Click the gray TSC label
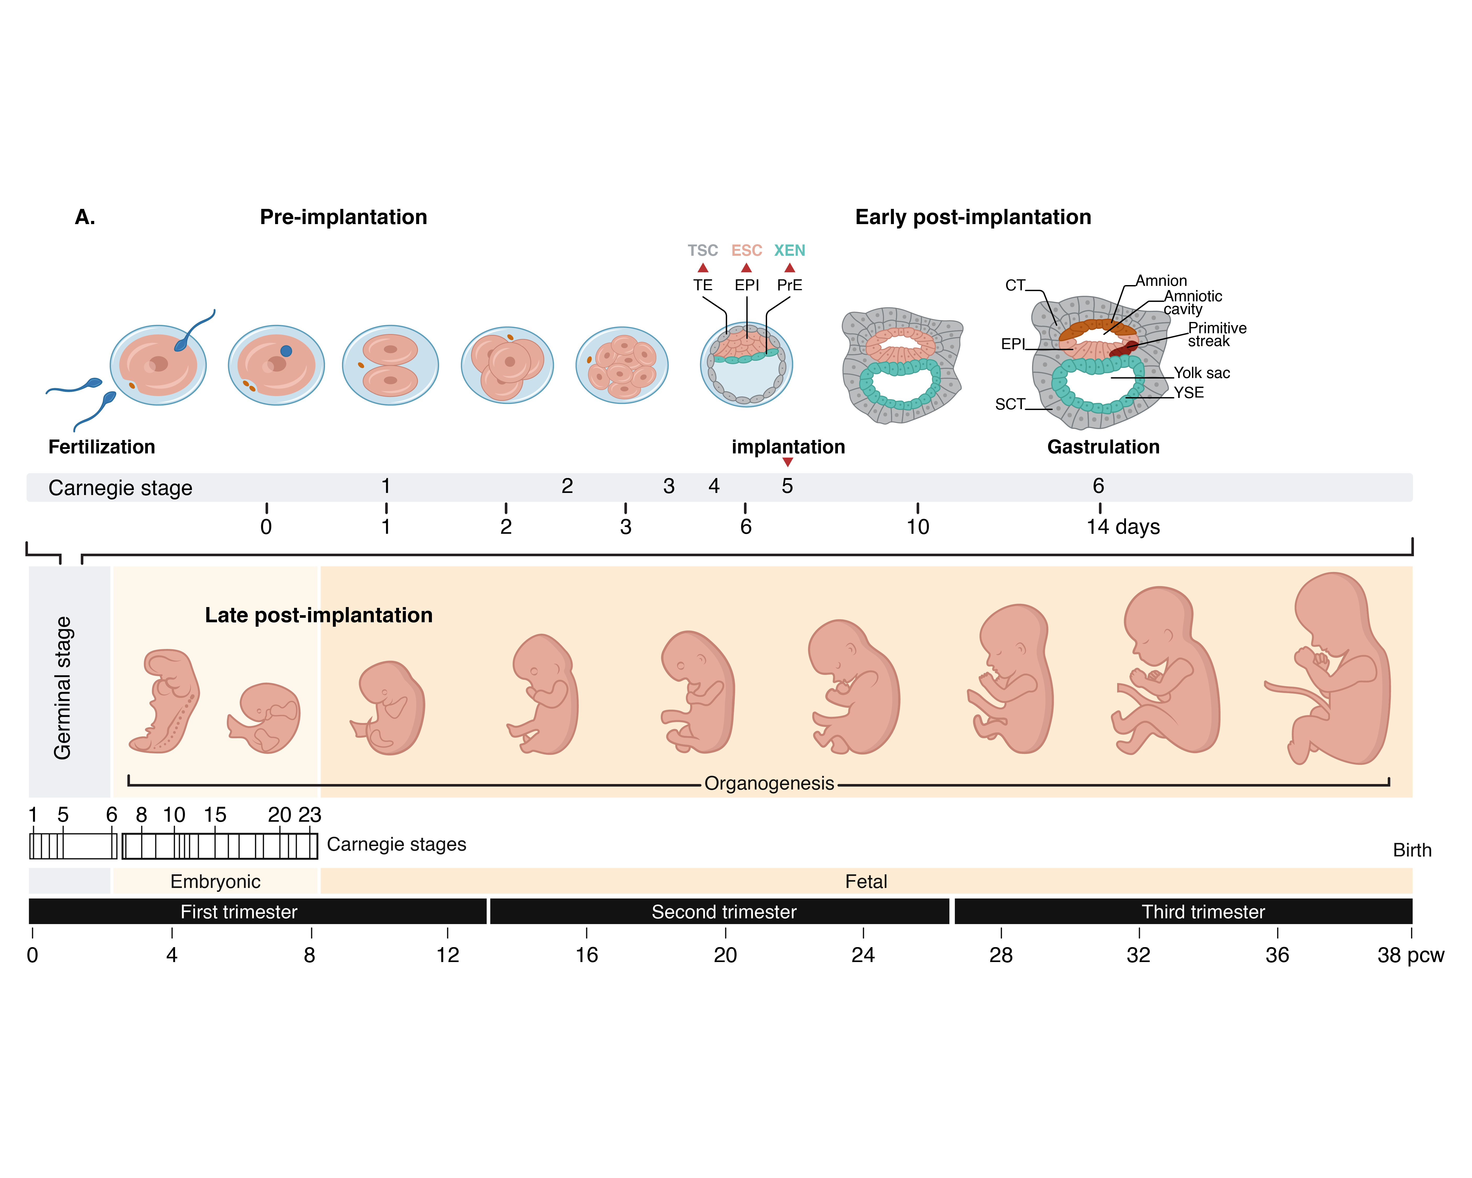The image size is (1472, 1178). [703, 251]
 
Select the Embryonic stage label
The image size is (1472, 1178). [215, 882]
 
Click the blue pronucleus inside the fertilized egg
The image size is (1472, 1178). [286, 351]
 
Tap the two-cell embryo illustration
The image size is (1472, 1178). [390, 365]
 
